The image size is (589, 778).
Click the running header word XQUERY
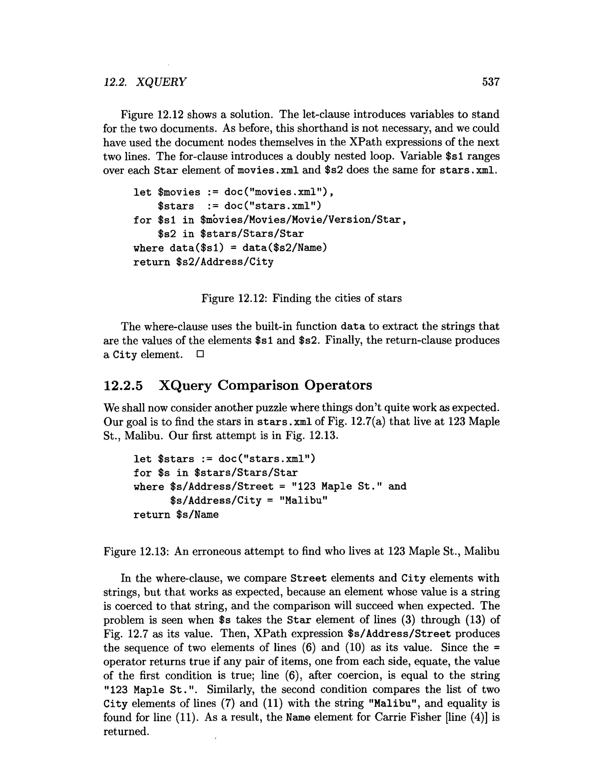(161, 82)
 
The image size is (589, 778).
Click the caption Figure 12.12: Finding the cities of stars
(301, 298)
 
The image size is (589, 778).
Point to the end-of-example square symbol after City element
(200, 354)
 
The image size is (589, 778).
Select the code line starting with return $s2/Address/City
(203, 262)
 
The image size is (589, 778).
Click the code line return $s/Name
(176, 514)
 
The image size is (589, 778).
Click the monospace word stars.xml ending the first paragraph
(468, 171)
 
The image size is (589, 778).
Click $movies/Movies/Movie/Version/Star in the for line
(300, 220)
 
